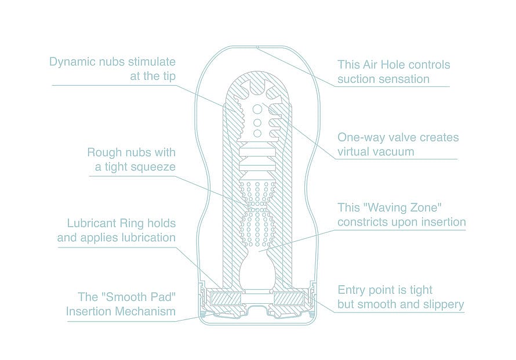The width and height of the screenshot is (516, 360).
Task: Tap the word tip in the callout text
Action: pos(168,76)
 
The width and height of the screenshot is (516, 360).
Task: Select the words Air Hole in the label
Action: pos(386,64)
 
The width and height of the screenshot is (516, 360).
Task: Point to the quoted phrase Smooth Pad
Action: pos(139,297)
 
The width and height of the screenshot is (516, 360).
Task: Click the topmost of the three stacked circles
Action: pos(257,109)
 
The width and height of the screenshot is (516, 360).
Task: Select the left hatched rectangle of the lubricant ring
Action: pos(226,299)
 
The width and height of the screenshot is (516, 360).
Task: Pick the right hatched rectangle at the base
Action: pos(289,299)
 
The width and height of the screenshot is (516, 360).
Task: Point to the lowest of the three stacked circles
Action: pos(257,133)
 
